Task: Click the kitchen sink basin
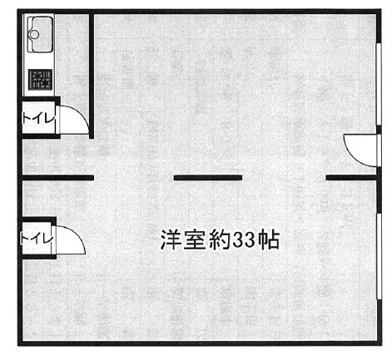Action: pos(42,34)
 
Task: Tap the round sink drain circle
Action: pos(34,35)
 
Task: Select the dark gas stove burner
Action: pos(41,79)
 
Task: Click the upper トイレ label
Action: pos(39,120)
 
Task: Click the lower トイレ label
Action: pos(37,239)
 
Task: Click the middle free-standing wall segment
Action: pos(208,178)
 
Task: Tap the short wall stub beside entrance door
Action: pos(352,178)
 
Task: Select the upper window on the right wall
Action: pos(379,84)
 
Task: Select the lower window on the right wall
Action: pos(379,256)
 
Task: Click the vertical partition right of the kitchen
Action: pos(92,76)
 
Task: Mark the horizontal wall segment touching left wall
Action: pos(57,178)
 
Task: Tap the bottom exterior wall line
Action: pos(200,343)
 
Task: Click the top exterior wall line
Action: pos(200,12)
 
